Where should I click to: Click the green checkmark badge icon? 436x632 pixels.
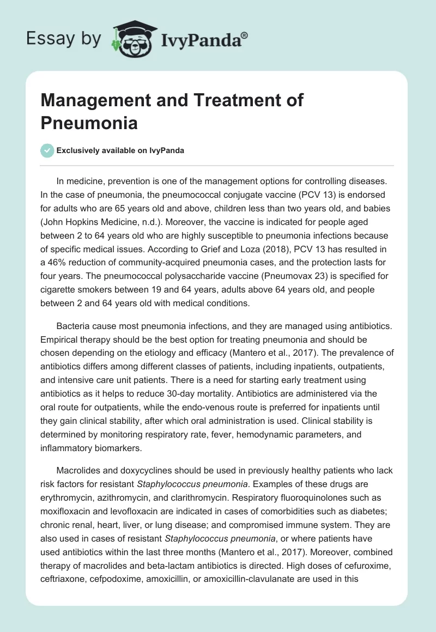[x=47, y=150]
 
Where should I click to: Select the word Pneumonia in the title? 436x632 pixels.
[x=89, y=123]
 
